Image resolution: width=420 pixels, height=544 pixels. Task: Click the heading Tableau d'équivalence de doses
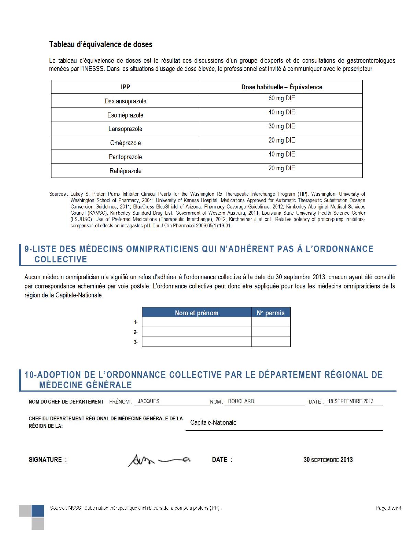(x=101, y=44)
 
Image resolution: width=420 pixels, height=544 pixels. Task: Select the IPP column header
(x=126, y=87)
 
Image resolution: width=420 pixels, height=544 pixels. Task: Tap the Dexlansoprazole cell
(x=126, y=101)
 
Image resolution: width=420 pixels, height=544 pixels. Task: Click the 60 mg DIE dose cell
(x=281, y=98)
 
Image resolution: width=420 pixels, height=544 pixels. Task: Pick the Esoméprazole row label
(x=126, y=115)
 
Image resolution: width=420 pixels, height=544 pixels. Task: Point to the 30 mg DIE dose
(x=281, y=126)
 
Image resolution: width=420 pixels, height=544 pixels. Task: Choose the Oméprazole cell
(x=126, y=143)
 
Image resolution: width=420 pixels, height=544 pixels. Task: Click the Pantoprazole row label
(x=126, y=157)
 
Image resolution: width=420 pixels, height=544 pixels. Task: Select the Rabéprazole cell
(x=126, y=171)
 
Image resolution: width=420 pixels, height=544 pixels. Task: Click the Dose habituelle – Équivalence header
(x=281, y=87)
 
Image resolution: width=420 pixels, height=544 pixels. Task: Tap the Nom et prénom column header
(x=197, y=313)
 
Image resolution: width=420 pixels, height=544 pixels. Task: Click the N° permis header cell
(x=271, y=313)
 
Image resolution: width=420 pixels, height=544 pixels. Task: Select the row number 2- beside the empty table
(x=136, y=332)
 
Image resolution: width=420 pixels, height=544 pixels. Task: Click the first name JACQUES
(x=149, y=401)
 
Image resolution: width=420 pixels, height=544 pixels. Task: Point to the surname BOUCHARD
(x=241, y=401)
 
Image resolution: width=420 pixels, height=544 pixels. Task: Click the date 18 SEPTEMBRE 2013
(x=351, y=401)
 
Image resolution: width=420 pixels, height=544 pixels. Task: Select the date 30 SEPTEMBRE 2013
(x=328, y=460)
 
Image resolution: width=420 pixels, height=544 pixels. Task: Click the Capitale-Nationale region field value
(x=213, y=423)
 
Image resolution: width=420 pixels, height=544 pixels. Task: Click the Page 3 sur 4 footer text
(x=388, y=508)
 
